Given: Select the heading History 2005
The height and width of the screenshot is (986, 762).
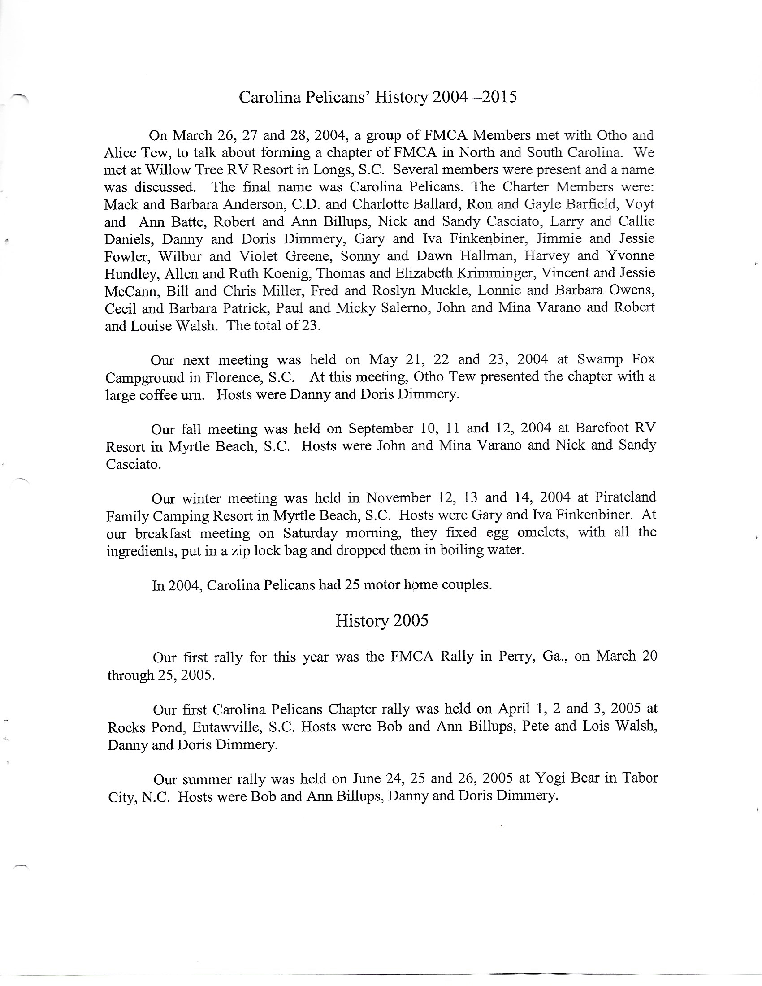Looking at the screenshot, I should [381, 621].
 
